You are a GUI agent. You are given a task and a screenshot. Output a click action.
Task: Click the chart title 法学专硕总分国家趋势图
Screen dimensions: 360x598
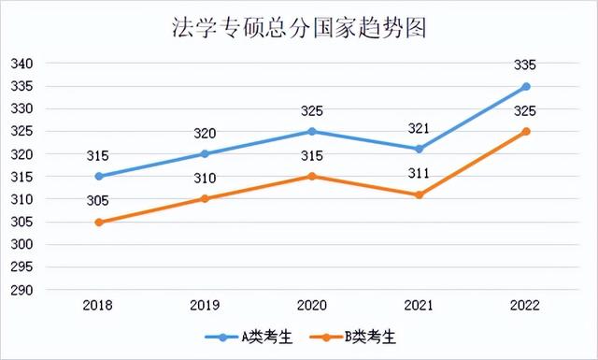tap(299, 28)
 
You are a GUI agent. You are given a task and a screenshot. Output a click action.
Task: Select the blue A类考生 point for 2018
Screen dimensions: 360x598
tap(98, 176)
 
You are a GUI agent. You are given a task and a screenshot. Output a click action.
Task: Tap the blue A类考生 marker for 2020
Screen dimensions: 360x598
tap(312, 131)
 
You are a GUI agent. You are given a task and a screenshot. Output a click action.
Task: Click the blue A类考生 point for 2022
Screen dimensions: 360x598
tap(526, 86)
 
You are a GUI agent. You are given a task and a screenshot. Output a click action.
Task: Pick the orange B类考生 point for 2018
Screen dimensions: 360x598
tap(98, 222)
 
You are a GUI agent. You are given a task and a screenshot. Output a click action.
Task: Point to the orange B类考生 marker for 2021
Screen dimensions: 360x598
tap(420, 194)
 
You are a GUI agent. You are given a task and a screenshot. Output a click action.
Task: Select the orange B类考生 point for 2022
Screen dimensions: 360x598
tap(526, 131)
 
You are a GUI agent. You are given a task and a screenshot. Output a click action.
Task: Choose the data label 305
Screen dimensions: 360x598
tap(98, 200)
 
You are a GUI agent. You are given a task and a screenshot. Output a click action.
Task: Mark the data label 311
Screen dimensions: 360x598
tap(420, 173)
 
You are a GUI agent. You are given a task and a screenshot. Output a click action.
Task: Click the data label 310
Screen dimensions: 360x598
tap(206, 178)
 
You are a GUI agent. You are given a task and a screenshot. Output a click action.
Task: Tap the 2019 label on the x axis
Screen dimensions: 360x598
tap(206, 305)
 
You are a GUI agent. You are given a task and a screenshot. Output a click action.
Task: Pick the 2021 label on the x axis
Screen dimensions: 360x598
tap(420, 305)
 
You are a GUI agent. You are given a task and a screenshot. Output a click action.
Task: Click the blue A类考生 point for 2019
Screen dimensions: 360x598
tap(206, 153)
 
